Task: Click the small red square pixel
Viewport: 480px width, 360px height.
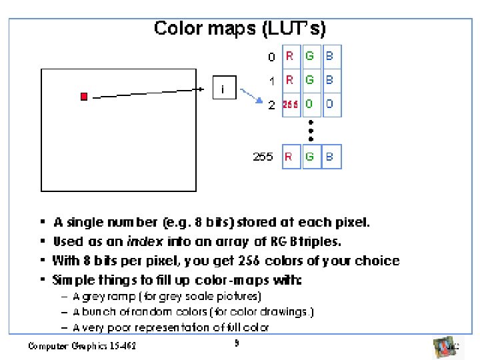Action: pos(84,97)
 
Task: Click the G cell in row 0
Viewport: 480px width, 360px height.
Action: pos(310,57)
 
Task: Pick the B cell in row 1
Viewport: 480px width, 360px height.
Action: pos(330,81)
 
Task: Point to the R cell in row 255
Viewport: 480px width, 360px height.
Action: pos(291,157)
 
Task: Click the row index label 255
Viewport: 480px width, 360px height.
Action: pos(263,157)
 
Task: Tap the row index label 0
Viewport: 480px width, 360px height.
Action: pos(271,57)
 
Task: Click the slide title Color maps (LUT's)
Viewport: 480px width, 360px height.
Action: pos(239,28)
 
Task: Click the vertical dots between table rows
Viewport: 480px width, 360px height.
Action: pos(311,130)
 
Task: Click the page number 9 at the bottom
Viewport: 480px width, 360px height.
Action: pos(236,344)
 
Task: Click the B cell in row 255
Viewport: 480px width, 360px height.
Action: pos(330,157)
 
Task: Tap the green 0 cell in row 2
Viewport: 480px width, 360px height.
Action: pos(310,105)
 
